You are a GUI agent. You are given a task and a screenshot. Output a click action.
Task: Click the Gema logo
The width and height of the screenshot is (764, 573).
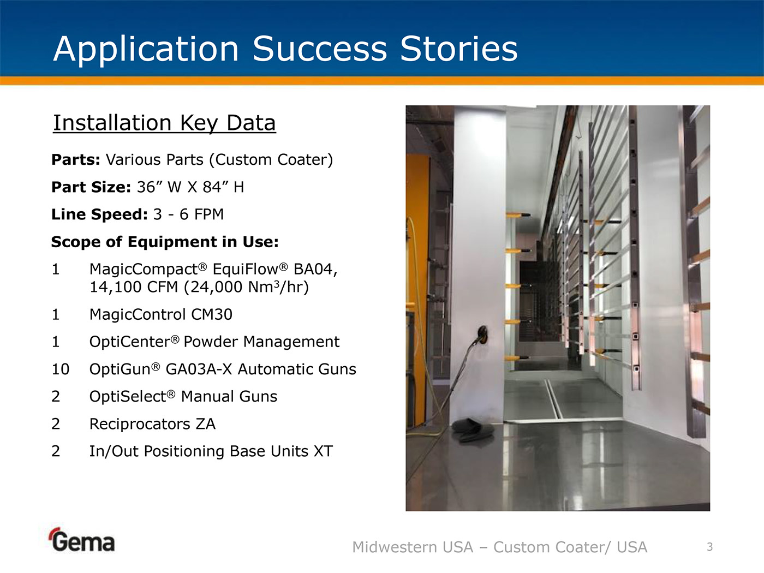(81, 540)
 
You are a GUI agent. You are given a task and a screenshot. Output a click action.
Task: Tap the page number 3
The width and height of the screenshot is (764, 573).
(709, 547)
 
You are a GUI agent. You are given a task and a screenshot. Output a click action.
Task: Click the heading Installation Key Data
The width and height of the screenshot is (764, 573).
(164, 123)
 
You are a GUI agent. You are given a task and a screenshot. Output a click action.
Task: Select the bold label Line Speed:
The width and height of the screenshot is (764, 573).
(99, 214)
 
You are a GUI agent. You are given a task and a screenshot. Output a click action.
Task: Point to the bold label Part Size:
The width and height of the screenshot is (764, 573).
(91, 187)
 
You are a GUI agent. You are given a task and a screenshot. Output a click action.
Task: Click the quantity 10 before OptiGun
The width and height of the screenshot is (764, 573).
(60, 369)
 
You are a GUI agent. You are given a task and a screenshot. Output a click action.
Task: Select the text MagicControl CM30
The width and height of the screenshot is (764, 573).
(161, 314)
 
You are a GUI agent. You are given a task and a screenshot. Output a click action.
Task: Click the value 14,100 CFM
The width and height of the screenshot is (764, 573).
(134, 288)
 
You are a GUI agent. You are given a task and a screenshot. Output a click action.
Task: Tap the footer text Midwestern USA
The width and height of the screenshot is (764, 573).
(413, 547)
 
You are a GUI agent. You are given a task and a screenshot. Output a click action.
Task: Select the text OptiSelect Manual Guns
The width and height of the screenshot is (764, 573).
(183, 397)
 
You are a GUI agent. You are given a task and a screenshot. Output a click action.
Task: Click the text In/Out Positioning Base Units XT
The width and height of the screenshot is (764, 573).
(211, 451)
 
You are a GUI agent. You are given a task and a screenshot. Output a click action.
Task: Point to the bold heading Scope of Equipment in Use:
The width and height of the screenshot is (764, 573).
(165, 242)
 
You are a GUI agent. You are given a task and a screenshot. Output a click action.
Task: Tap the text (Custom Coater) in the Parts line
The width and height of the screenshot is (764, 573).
(271, 160)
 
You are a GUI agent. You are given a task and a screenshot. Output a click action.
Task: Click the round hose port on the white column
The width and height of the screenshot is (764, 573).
(482, 334)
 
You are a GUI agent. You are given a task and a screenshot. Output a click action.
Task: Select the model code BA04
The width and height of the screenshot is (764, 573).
(315, 269)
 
